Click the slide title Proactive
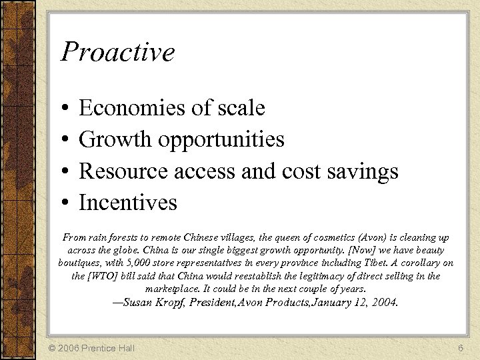click(x=117, y=52)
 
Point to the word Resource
click(x=123, y=171)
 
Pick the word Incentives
click(x=128, y=202)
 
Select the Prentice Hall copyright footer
click(x=92, y=348)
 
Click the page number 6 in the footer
click(x=460, y=348)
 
